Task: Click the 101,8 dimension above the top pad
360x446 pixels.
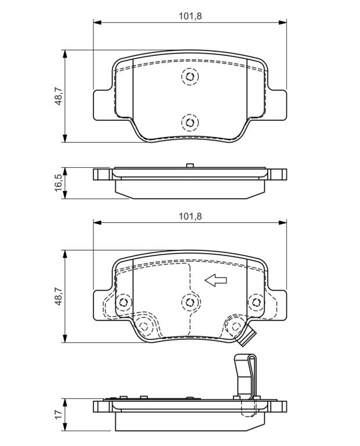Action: [190, 16]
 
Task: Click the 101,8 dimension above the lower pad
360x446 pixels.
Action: [190, 217]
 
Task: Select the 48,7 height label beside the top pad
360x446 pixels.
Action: [59, 96]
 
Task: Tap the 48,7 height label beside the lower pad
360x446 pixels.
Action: [59, 296]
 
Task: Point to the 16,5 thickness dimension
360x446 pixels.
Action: [59, 182]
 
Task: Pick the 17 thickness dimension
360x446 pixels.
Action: [59, 414]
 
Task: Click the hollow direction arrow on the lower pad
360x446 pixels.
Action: [216, 280]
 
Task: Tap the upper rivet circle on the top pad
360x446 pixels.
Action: [190, 76]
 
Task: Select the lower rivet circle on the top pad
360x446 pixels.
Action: [190, 123]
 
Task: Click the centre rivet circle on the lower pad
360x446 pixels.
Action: [190, 302]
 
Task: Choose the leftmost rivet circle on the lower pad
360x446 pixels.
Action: [124, 302]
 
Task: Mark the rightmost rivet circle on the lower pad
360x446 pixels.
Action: [256, 302]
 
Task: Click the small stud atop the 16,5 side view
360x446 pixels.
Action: [190, 166]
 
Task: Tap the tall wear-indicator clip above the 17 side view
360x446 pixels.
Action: [245, 376]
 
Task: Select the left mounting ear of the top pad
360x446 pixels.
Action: [103, 105]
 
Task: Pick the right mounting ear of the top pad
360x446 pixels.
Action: [277, 105]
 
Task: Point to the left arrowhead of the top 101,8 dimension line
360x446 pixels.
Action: [97, 23]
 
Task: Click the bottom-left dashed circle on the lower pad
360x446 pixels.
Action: [144, 326]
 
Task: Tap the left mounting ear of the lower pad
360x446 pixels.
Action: [103, 305]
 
